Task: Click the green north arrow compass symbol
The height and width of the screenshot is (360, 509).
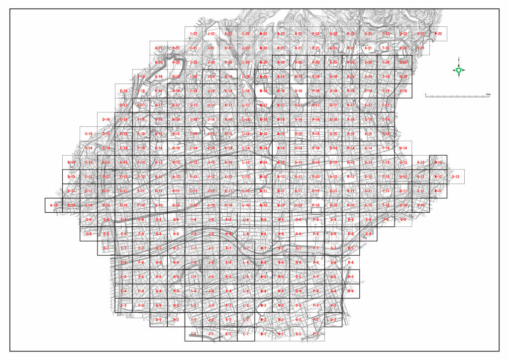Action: tap(458, 70)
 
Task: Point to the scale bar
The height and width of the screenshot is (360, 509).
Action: tap(458, 94)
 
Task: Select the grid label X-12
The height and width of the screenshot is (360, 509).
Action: tap(455, 177)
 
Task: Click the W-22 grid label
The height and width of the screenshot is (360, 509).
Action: tap(438, 34)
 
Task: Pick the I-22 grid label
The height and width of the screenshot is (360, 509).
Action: tap(194, 34)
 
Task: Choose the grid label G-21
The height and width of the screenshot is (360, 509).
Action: tap(159, 48)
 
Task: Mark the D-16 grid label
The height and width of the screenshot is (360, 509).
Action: tap(106, 120)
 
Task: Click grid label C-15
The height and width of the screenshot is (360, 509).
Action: tap(89, 134)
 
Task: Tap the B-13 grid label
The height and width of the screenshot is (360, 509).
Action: tap(71, 163)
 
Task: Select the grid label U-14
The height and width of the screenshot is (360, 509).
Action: tap(403, 148)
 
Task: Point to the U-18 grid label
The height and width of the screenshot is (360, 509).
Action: tap(403, 91)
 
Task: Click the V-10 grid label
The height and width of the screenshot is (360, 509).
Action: tap(420, 205)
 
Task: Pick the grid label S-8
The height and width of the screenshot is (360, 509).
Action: tap(368, 234)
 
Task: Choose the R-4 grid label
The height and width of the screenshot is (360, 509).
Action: tap(351, 291)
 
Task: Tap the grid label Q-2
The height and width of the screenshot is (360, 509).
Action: tap(333, 320)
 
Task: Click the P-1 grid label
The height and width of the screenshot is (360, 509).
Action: tap(316, 334)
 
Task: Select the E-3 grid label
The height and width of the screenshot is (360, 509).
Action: tap(123, 305)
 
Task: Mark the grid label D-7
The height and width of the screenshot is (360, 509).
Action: tap(106, 248)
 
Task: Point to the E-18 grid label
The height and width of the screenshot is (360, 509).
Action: tap(123, 91)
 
